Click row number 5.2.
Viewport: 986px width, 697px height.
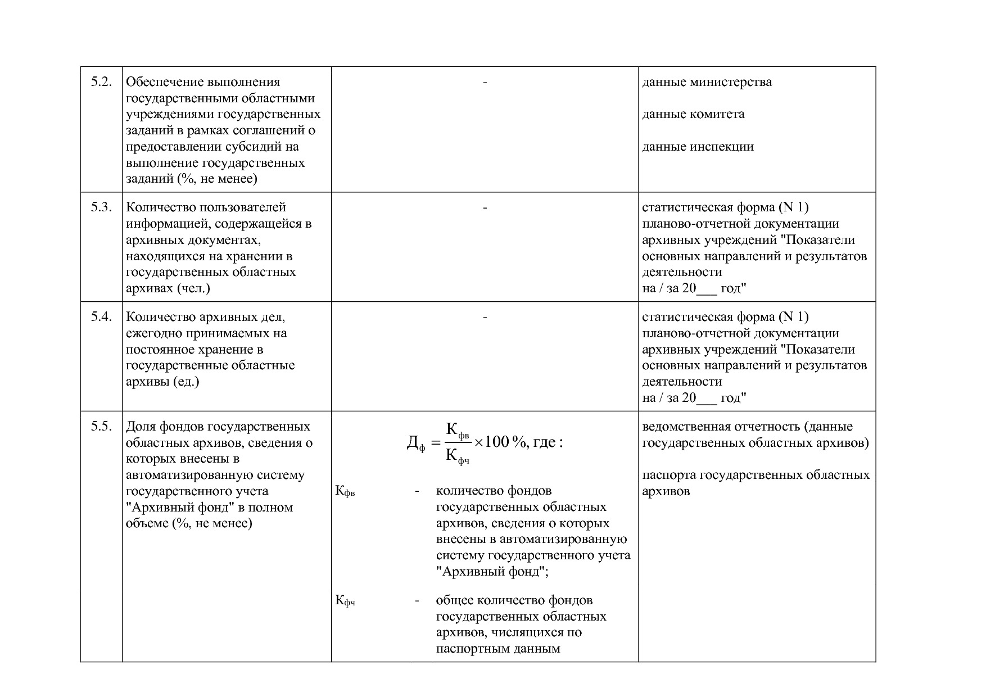coord(102,82)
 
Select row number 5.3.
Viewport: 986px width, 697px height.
coord(102,207)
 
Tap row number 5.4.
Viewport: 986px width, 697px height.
coord(102,317)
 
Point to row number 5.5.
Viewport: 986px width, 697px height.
coord(102,427)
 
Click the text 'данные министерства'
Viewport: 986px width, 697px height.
coord(707,82)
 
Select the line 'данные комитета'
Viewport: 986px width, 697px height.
coord(693,114)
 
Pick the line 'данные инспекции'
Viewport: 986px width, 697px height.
coord(698,147)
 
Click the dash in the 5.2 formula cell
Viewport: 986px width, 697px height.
coord(485,82)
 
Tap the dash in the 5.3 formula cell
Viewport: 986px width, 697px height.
coord(485,207)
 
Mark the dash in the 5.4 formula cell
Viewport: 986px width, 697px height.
coord(485,317)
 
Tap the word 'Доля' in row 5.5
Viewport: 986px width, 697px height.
coord(141,427)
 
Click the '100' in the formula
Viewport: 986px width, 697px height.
coord(496,442)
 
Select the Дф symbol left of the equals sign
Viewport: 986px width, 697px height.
coord(415,445)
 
